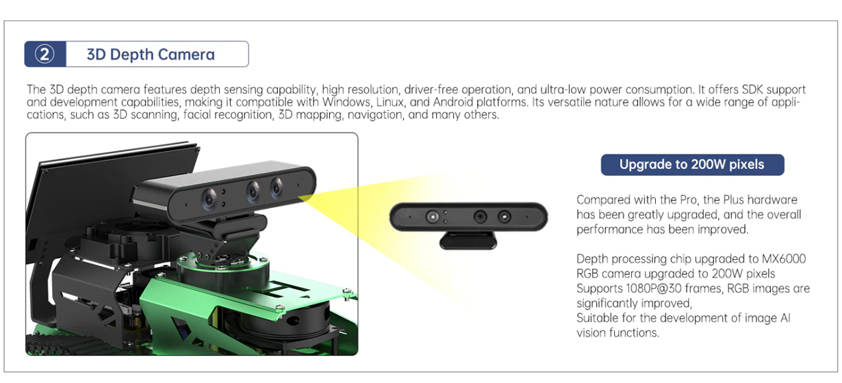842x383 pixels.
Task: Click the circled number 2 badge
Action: (44, 55)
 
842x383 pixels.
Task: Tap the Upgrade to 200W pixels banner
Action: (692, 164)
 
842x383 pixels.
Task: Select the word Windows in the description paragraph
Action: (346, 102)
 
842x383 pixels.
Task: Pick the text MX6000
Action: (784, 259)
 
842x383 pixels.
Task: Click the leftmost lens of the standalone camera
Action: (432, 217)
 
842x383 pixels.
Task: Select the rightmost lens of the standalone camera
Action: (505, 217)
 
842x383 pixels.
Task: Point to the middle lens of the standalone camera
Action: (480, 217)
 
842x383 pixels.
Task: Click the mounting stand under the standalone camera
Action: (468, 240)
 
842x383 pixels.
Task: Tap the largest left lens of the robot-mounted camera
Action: (209, 199)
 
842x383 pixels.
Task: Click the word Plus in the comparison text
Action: (733, 200)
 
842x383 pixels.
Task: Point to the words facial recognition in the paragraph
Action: (228, 115)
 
